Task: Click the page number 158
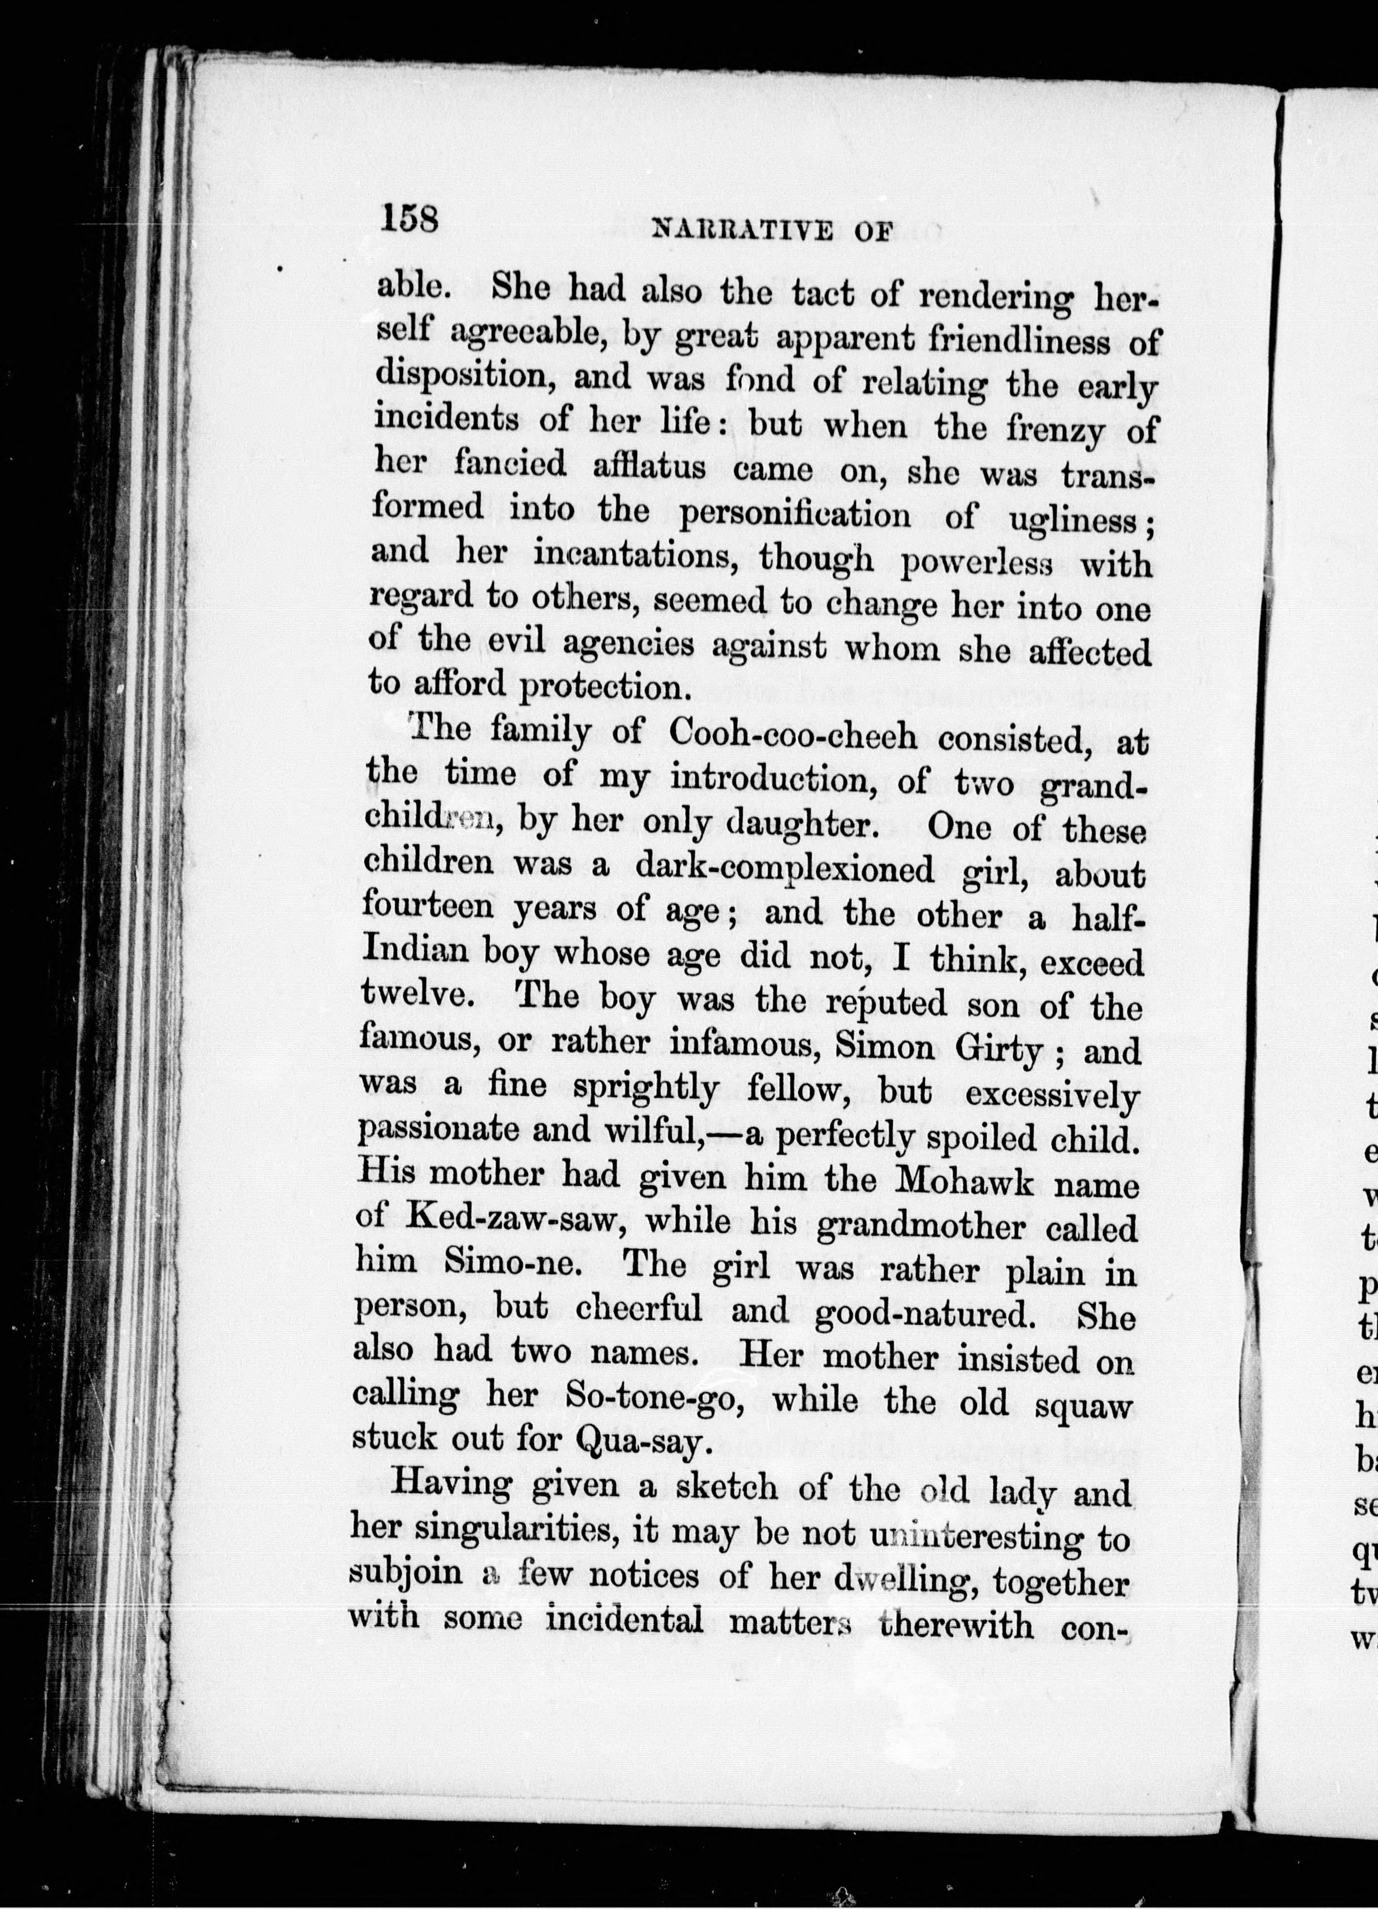[x=410, y=221]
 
